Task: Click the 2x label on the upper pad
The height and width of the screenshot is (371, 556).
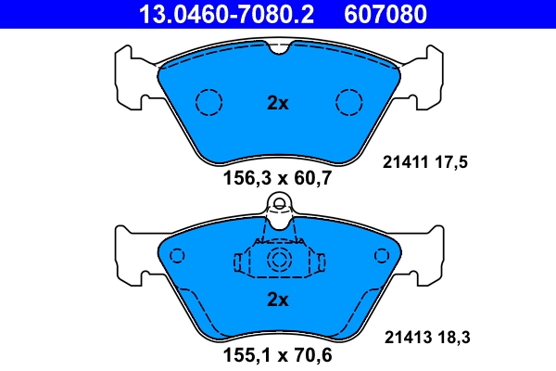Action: coord(277,103)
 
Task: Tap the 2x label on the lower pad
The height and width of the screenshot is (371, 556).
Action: coord(277,299)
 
